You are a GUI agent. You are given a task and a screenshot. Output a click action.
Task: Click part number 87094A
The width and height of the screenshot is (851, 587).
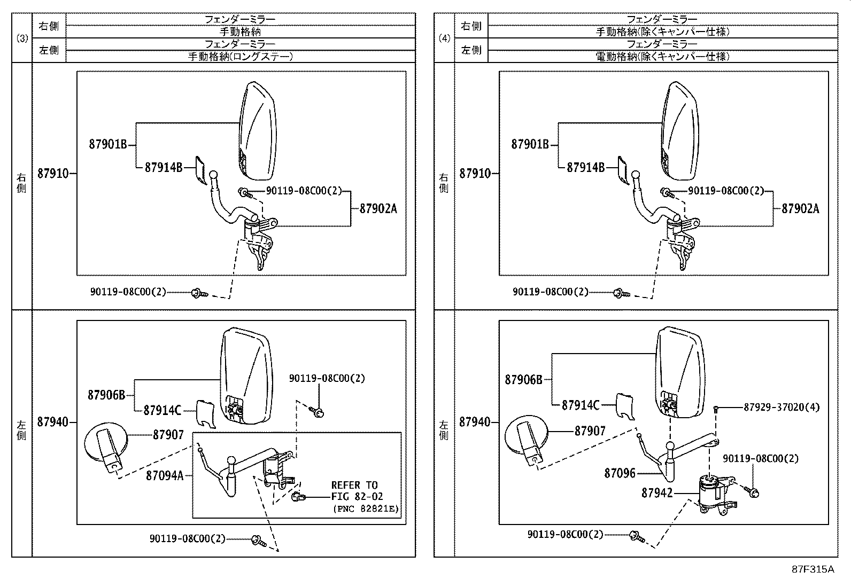pyautogui.click(x=164, y=475)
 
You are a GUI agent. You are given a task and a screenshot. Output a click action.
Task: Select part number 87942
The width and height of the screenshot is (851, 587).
pyautogui.click(x=657, y=493)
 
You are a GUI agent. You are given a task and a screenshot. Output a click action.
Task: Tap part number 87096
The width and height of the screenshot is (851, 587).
pyautogui.click(x=620, y=473)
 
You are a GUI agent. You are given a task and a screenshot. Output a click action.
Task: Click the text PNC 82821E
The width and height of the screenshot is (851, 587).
pyautogui.click(x=365, y=508)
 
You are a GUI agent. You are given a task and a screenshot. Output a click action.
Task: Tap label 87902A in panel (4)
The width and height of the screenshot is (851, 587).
pyautogui.click(x=800, y=209)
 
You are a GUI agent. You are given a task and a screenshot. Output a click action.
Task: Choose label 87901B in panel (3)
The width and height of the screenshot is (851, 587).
pyautogui.click(x=107, y=144)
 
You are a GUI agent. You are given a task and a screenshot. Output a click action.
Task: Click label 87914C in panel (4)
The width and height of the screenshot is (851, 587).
pyautogui.click(x=581, y=405)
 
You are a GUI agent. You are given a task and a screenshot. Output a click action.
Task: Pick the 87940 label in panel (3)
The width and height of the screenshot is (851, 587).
pyautogui.click(x=53, y=422)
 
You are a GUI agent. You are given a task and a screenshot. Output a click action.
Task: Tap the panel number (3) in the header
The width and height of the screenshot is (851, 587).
pyautogui.click(x=22, y=38)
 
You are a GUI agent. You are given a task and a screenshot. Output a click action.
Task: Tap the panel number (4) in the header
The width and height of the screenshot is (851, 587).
pyautogui.click(x=444, y=38)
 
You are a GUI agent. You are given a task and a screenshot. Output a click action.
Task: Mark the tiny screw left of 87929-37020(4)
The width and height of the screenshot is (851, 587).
pyautogui.click(x=716, y=409)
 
